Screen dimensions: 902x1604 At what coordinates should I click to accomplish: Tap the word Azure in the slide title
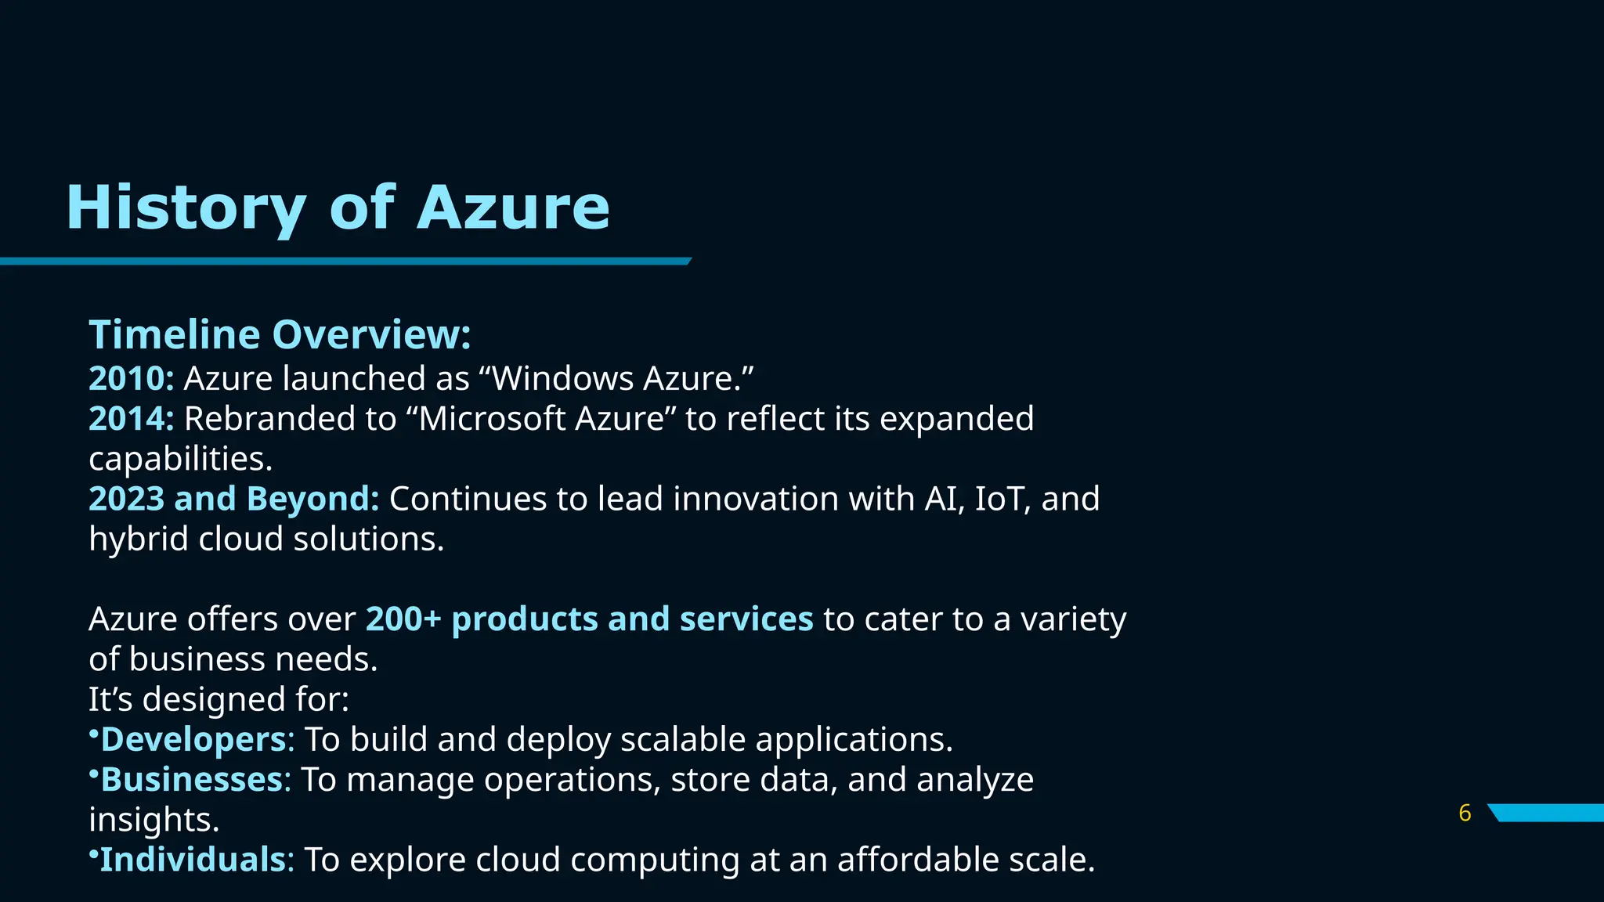(x=513, y=207)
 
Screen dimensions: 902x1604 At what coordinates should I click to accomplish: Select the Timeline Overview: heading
(x=280, y=335)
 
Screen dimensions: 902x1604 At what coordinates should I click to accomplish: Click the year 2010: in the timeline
(x=131, y=379)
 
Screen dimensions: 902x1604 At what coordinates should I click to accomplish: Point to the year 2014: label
(x=131, y=419)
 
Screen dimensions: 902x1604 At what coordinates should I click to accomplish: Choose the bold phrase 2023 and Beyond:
(x=233, y=499)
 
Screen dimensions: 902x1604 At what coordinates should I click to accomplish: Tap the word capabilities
(x=180, y=459)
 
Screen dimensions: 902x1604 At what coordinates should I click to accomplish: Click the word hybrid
(x=139, y=539)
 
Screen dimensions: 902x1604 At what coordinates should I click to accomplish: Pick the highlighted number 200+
(x=403, y=619)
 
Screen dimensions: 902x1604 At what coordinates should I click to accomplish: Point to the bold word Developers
(x=193, y=740)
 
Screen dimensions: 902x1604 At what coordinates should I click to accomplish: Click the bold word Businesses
(x=191, y=780)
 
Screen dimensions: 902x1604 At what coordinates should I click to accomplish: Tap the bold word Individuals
(x=193, y=860)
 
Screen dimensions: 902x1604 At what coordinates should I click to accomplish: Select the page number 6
(x=1465, y=814)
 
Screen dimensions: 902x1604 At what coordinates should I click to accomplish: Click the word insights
(x=154, y=820)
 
